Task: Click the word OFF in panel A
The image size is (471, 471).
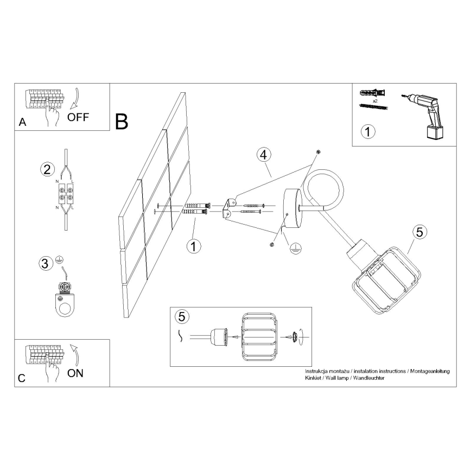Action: point(78,117)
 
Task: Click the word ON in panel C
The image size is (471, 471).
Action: point(75,373)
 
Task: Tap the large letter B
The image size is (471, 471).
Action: point(122,122)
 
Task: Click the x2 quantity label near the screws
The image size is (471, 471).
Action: point(375,101)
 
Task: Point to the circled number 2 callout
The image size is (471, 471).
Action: point(47,169)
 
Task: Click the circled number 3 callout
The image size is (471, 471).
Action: point(46,263)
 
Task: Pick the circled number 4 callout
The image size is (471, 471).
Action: point(264,155)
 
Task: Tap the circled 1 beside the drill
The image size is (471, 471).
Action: point(368,131)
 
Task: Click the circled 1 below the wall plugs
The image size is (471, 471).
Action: point(194,246)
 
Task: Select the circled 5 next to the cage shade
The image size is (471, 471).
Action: point(419,232)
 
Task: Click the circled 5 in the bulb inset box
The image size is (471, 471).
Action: point(182,316)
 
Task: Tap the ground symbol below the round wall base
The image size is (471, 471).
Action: point(296,249)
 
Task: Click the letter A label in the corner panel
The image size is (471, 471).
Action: point(23,122)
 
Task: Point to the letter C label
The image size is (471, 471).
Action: point(22,378)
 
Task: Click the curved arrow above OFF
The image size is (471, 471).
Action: point(76,99)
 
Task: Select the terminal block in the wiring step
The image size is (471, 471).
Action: point(66,192)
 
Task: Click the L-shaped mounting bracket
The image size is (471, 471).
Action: point(228,208)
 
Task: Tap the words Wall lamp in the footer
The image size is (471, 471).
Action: point(337,378)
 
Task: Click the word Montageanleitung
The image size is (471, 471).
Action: point(430,371)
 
